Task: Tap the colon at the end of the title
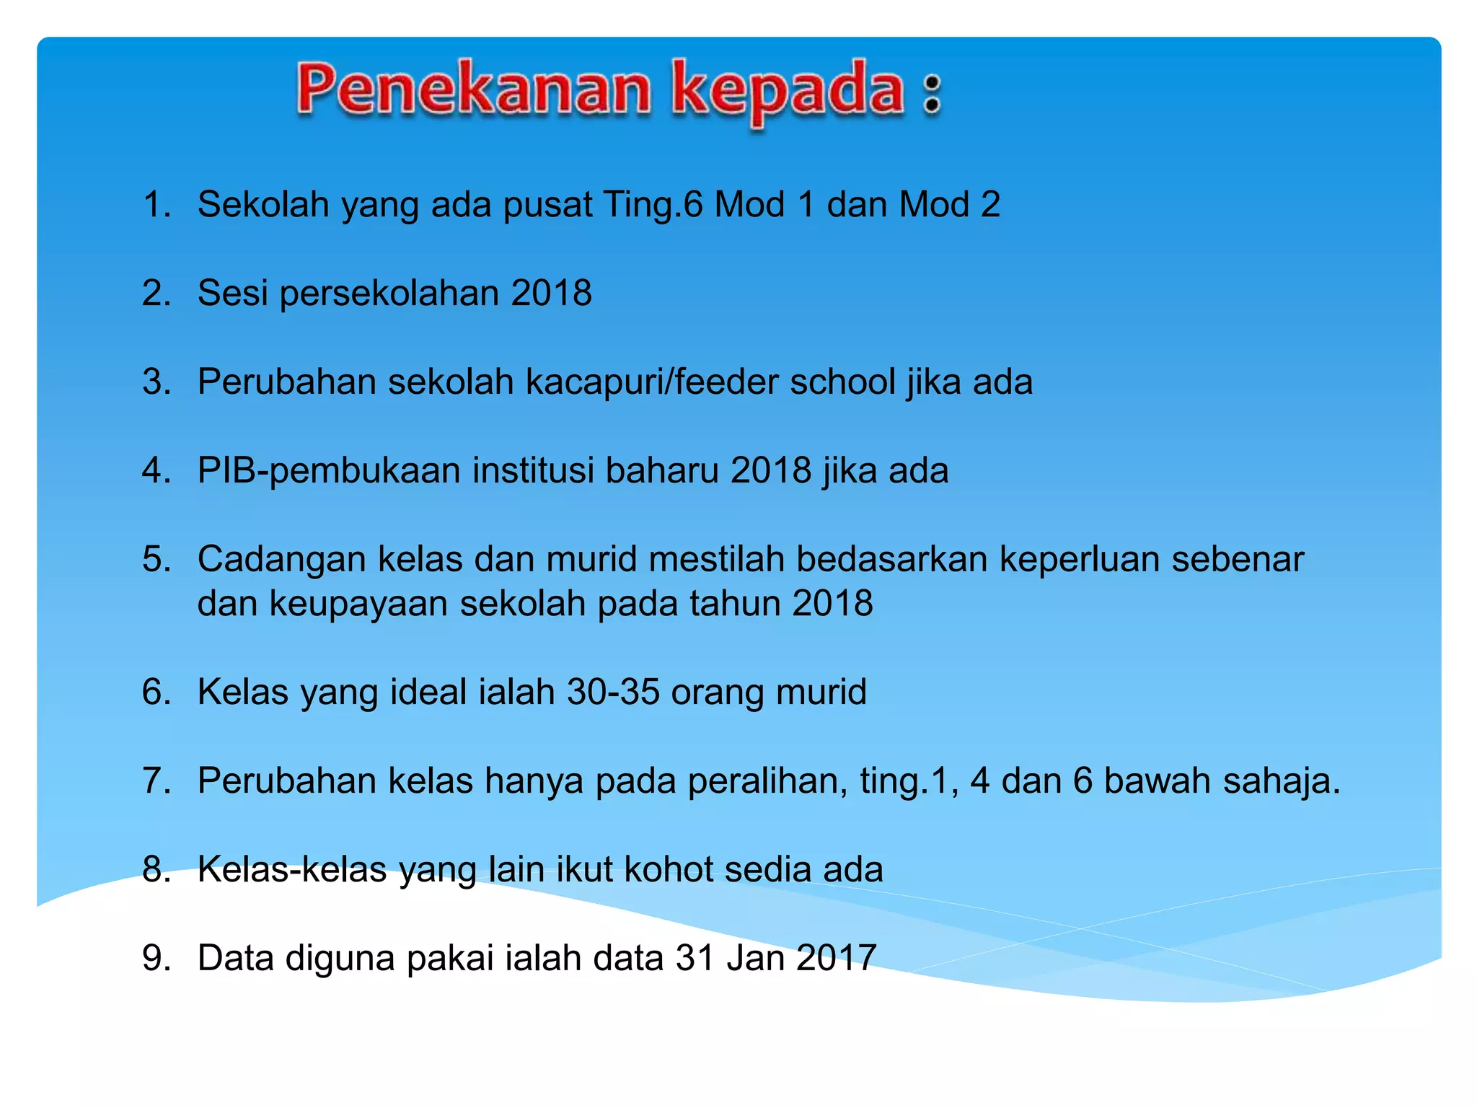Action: point(932,94)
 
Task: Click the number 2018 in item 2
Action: point(552,293)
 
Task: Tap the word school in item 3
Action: point(842,382)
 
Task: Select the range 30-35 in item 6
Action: point(613,692)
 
